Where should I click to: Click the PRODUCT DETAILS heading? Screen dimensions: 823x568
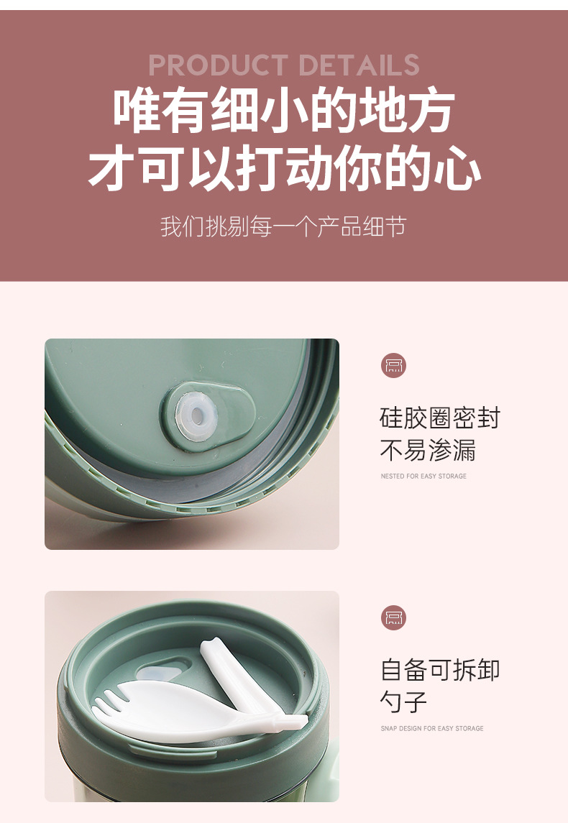point(284,65)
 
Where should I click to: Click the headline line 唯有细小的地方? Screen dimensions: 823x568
point(284,111)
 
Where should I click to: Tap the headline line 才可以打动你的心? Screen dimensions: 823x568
point(284,170)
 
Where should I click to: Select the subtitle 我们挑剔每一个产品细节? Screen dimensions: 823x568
point(283,227)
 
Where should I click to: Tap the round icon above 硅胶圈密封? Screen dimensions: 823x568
point(393,365)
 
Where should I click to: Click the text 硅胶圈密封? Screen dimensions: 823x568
point(439,418)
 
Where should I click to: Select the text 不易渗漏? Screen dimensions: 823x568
point(428,451)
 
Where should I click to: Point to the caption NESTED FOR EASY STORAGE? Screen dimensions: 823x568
point(423,477)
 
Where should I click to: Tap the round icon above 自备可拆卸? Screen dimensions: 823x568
point(393,617)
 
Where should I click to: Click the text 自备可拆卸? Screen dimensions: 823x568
point(439,670)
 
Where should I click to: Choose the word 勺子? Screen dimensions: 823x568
point(403,702)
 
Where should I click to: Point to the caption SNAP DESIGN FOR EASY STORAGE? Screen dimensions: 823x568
point(431,729)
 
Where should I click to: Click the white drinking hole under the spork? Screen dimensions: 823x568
point(159,673)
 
